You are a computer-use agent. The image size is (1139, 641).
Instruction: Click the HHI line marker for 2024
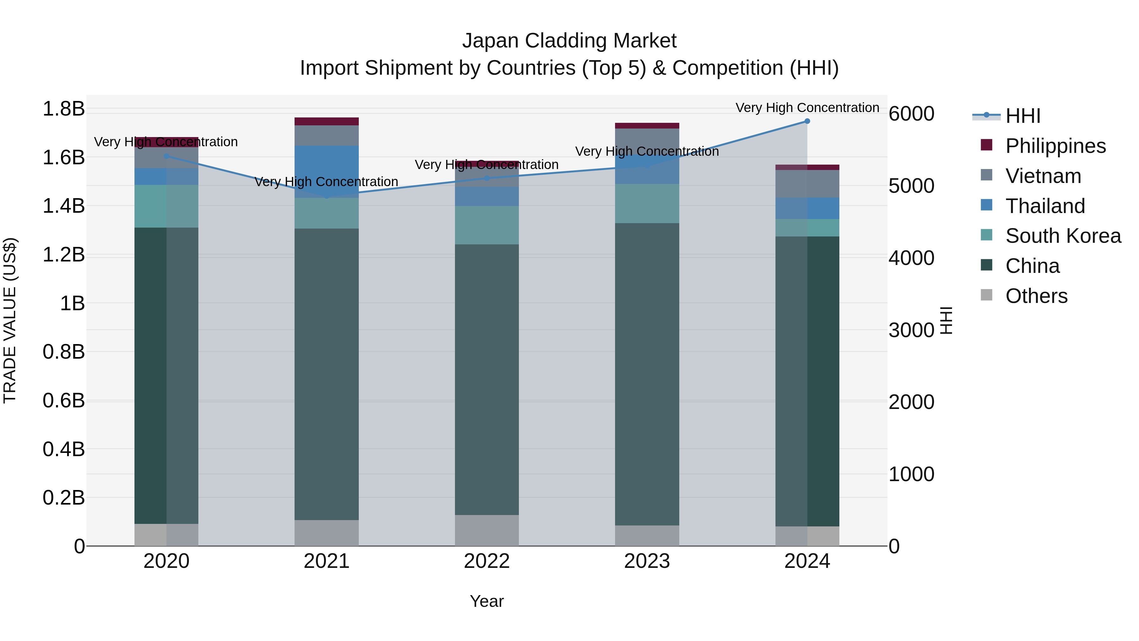pyautogui.click(x=807, y=121)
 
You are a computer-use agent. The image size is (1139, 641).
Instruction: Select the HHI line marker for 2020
pyautogui.click(x=166, y=156)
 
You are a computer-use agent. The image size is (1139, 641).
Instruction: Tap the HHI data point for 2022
pyautogui.click(x=487, y=178)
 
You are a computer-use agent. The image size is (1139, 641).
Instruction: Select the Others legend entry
pyautogui.click(x=1036, y=296)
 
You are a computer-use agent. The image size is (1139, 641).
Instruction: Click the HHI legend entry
pyautogui.click(x=1023, y=116)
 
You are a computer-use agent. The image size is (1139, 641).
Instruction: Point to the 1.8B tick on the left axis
pyautogui.click(x=64, y=109)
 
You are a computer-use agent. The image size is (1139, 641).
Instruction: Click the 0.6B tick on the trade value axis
pyautogui.click(x=64, y=401)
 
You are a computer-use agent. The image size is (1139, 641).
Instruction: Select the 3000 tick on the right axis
pyautogui.click(x=911, y=330)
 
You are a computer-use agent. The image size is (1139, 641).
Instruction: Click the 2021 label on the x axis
pyautogui.click(x=326, y=561)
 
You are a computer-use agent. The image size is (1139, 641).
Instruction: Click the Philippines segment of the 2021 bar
pyautogui.click(x=326, y=121)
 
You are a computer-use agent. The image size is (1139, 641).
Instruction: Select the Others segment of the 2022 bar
pyautogui.click(x=487, y=530)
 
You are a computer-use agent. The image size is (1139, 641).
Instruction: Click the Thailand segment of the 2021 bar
pyautogui.click(x=326, y=171)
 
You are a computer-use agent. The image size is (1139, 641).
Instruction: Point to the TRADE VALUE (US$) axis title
pyautogui.click(x=10, y=320)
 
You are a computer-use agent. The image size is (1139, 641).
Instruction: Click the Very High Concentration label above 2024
pyautogui.click(x=807, y=108)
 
